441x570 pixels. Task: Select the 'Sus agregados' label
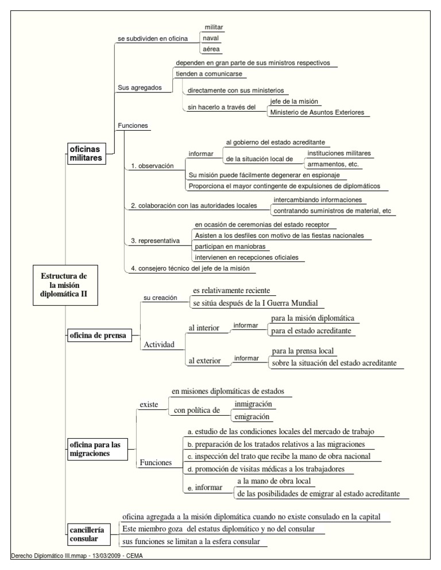tap(136, 88)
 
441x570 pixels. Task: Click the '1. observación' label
tap(152, 166)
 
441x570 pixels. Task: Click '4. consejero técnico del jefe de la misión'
tap(189, 268)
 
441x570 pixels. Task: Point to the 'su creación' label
tap(159, 298)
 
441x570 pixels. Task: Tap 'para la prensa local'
tap(303, 351)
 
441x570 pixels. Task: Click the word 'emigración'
tap(253, 416)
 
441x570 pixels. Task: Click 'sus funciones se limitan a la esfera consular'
tap(192, 541)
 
